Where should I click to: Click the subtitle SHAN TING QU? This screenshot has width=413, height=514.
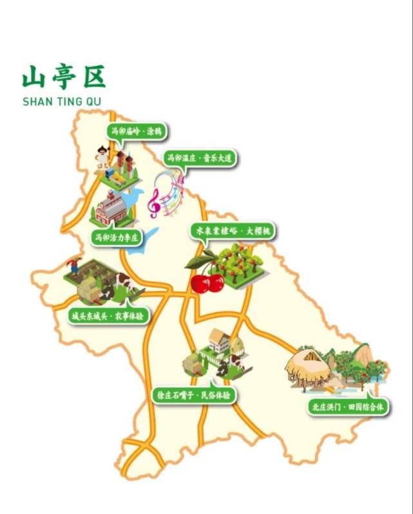[61, 102]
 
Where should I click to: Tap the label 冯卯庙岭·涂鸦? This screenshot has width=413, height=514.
[135, 131]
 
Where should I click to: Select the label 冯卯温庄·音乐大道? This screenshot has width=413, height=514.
[200, 158]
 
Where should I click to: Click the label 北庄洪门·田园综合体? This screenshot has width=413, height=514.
[348, 407]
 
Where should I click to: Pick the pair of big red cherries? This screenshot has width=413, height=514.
[207, 281]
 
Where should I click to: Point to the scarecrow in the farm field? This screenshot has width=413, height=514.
[75, 264]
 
